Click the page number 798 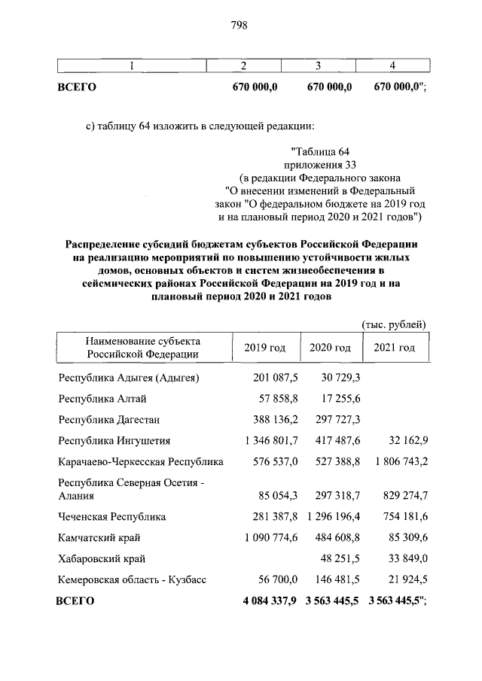[x=239, y=26]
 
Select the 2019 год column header [x=265, y=348]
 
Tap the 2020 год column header [x=331, y=348]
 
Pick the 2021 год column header [x=395, y=348]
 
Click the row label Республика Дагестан [x=108, y=419]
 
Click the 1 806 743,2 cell [x=395, y=461]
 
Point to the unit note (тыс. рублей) [x=395, y=324]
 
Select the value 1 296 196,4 [x=332, y=517]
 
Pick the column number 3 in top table [x=319, y=66]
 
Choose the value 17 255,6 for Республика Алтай [x=339, y=398]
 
